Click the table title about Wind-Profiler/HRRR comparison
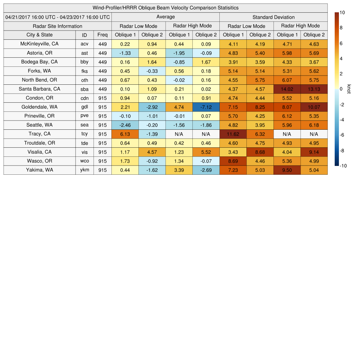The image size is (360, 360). coord(166,8)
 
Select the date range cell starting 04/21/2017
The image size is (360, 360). coord(58,17)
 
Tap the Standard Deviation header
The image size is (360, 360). coord(274,17)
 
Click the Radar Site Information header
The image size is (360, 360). coord(58,26)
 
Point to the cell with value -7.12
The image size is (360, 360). coord(206,107)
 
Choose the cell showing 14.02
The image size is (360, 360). coord(287,89)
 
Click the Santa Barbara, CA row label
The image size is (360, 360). coord(39,89)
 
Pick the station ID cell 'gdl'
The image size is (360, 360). coord(84,107)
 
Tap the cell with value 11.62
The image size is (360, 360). coord(233,134)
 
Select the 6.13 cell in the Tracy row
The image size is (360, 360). coord(125,134)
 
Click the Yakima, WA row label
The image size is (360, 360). coord(39,170)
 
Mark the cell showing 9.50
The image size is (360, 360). coord(287,170)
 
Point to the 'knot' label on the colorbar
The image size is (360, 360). coord(348,89)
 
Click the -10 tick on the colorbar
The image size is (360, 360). coord(343,166)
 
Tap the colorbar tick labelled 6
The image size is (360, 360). coord(341,43)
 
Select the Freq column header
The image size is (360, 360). coord(103,35)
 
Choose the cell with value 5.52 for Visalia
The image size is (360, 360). coord(206,152)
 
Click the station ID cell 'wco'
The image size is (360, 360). coord(84,161)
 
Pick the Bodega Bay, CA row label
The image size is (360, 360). coord(39,62)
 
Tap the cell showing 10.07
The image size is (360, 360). coord(314,107)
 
